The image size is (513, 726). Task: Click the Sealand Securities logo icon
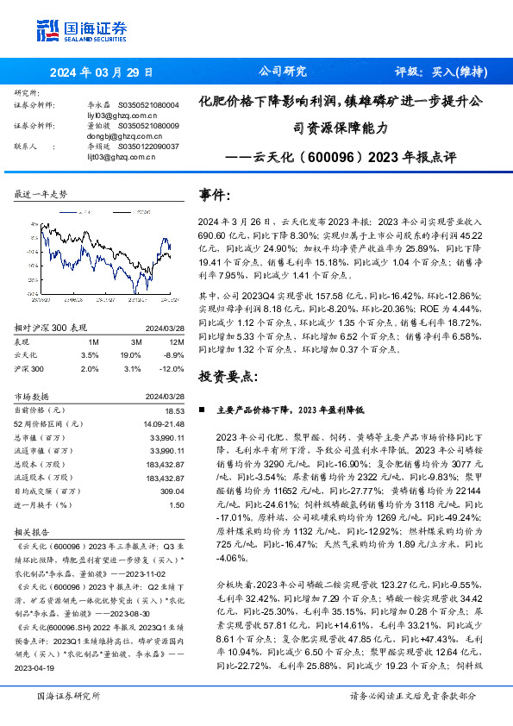48,29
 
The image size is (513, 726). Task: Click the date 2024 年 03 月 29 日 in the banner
102,72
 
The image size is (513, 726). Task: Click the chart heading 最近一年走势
41,196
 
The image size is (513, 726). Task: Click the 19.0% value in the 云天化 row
130,354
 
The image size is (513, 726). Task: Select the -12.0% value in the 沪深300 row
172,367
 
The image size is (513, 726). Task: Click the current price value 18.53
175,412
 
